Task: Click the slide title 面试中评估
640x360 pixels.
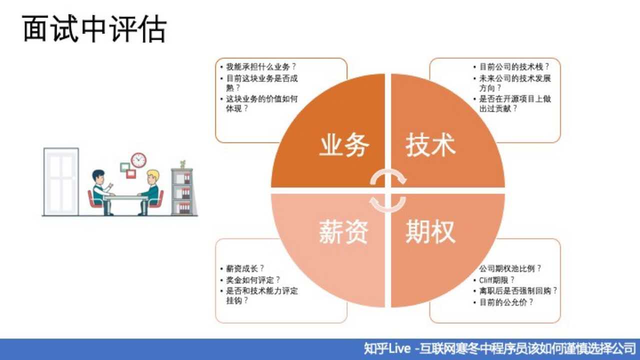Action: pyautogui.click(x=94, y=29)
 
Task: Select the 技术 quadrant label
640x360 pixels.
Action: pyautogui.click(x=430, y=145)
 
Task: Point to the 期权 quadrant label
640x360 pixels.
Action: pyautogui.click(x=430, y=232)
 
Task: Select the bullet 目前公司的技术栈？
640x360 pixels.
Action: pyautogui.click(x=514, y=66)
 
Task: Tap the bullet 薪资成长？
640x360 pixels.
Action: pyautogui.click(x=245, y=268)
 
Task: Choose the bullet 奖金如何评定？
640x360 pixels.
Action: pyautogui.click(x=253, y=279)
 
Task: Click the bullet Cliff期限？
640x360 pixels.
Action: pyautogui.click(x=496, y=280)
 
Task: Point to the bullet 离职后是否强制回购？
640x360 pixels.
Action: pyautogui.click(x=518, y=291)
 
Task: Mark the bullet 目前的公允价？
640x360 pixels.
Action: pyautogui.click(x=506, y=302)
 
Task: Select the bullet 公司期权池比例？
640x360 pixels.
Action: pyautogui.click(x=510, y=268)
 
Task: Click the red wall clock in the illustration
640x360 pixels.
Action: pyautogui.click(x=138, y=160)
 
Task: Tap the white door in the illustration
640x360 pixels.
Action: pyautogui.click(x=61, y=181)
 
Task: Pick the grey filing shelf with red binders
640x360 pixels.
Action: pyautogui.click(x=181, y=191)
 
